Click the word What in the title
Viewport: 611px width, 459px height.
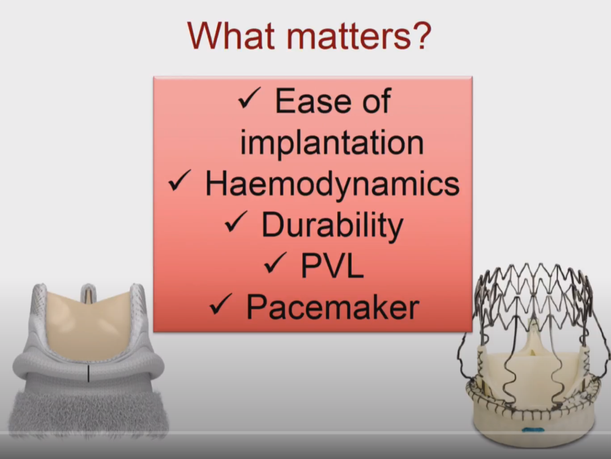pos(231,36)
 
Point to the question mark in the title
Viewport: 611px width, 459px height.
pos(421,35)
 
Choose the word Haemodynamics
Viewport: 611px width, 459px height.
pos(332,183)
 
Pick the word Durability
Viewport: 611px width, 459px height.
pos(332,225)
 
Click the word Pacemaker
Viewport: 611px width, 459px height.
pos(333,307)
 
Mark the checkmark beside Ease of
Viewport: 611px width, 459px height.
pos(249,98)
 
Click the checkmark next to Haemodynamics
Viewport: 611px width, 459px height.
pos(180,181)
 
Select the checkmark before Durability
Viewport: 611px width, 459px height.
pos(236,222)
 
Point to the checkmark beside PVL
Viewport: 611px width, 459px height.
pos(275,263)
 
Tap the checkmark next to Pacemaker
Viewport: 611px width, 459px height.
pos(221,304)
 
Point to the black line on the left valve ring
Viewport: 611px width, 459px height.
pos(89,374)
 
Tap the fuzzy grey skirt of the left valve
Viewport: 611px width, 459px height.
pos(89,413)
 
